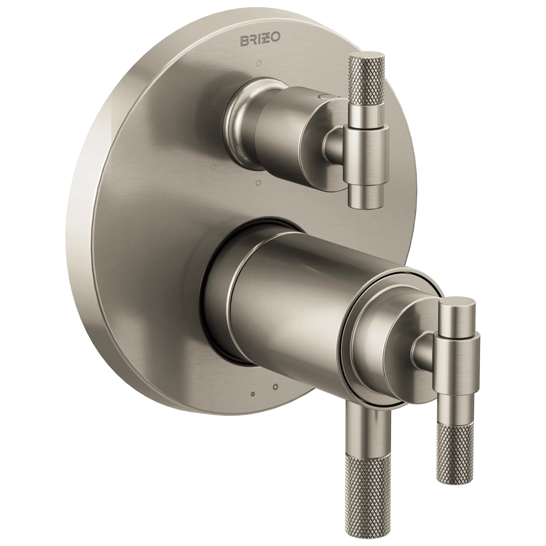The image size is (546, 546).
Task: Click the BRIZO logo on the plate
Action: (x=260, y=39)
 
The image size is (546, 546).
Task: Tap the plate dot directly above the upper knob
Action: (x=258, y=64)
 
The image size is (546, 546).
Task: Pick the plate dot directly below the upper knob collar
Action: (x=258, y=183)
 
